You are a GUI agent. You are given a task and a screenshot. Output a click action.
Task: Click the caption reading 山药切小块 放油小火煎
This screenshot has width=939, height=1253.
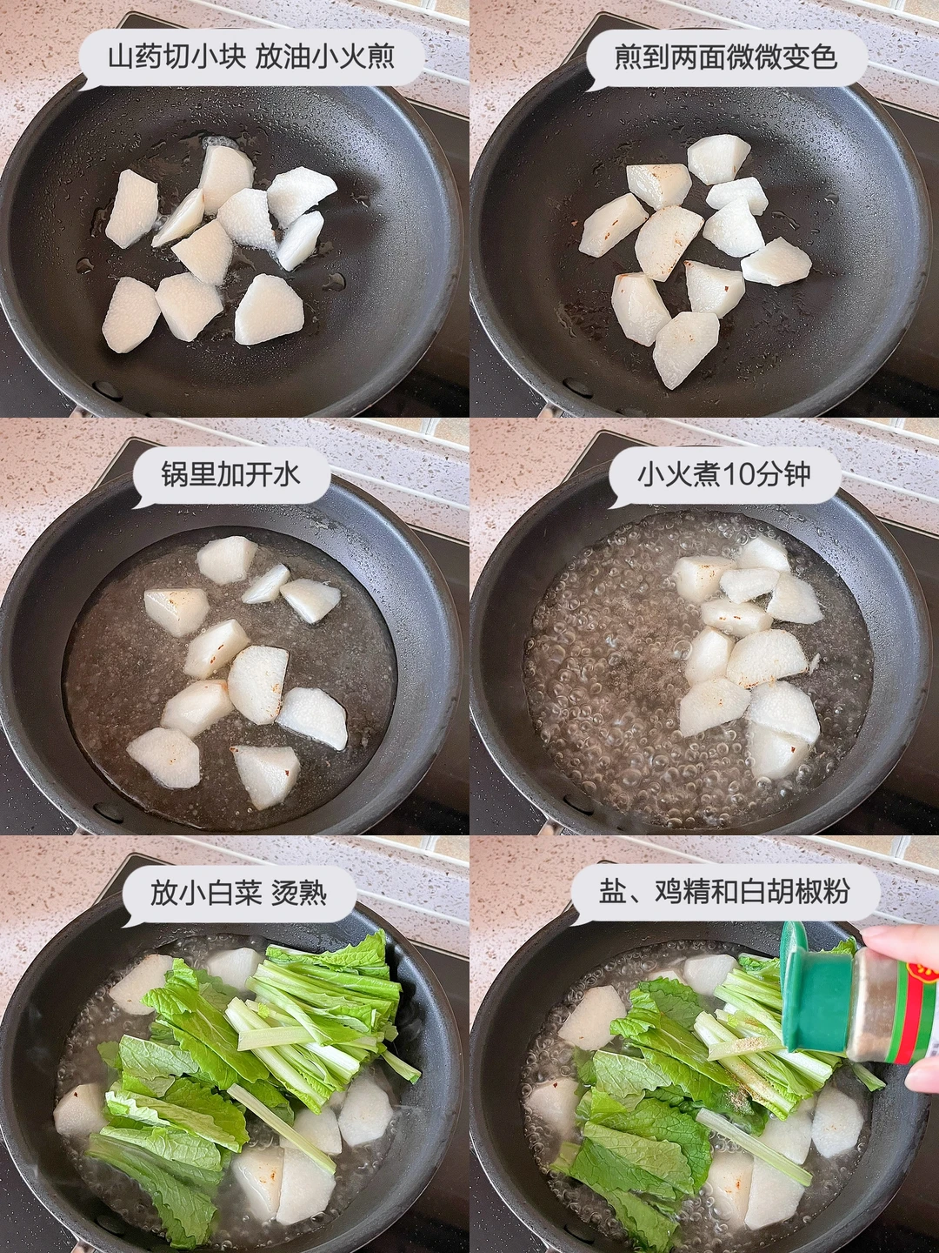(251, 57)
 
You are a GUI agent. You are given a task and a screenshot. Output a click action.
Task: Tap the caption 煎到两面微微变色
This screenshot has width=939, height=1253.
(726, 57)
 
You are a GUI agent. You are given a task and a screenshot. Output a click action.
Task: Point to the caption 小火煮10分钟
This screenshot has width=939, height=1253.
(723, 474)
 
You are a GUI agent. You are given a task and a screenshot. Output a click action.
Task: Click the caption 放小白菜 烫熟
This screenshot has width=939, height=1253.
(238, 892)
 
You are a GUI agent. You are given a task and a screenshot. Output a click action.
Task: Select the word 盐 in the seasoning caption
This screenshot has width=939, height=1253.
(612, 892)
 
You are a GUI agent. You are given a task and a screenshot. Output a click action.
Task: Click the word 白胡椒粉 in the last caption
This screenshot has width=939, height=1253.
(795, 892)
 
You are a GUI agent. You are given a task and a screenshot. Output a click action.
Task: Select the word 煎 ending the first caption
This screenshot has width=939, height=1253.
(382, 57)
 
